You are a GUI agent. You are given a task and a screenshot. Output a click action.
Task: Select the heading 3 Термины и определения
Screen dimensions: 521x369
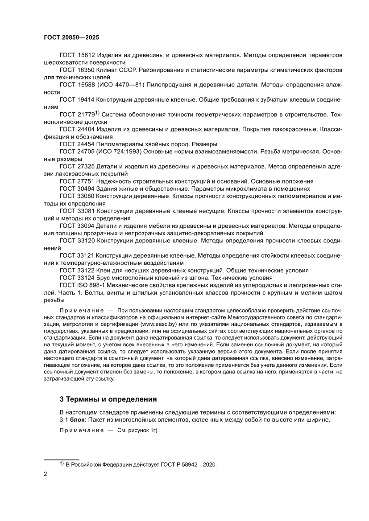point(108,398)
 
